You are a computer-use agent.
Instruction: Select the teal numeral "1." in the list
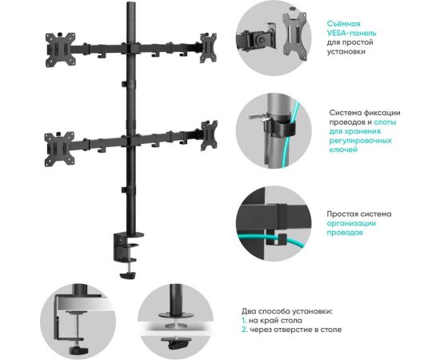(246, 320)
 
